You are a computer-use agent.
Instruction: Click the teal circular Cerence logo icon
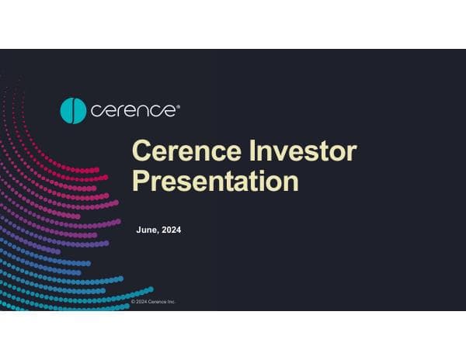(x=73, y=110)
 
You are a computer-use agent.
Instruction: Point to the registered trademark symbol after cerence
(x=178, y=105)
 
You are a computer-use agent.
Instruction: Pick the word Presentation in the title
(x=215, y=181)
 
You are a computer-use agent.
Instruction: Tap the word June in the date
(x=147, y=230)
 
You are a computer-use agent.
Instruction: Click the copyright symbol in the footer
(x=133, y=301)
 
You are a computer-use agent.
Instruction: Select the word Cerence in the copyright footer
(x=158, y=301)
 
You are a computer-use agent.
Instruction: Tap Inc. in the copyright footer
(x=172, y=301)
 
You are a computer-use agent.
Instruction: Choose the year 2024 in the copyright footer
(x=142, y=301)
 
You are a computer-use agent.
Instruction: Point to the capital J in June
(x=138, y=230)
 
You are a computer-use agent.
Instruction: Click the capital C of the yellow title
(x=141, y=151)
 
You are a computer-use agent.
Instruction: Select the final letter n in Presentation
(x=290, y=183)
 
